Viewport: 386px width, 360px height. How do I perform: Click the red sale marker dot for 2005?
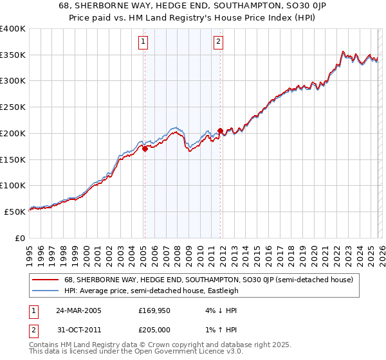[145, 148]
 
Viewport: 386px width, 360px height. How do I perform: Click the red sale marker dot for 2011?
[220, 130]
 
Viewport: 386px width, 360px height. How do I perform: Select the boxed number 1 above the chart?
[142, 42]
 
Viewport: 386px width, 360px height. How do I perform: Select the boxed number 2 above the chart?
[218, 42]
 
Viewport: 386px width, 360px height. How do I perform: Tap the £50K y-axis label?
[15, 212]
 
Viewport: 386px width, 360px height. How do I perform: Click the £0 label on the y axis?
[21, 238]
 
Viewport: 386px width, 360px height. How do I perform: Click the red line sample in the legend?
[46, 280]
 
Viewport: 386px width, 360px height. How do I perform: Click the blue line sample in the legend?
[46, 291]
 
